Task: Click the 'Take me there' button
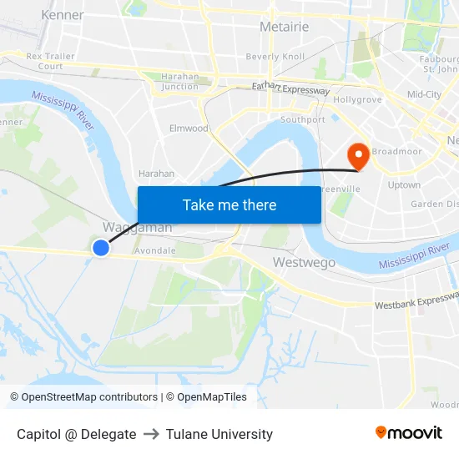click(229, 204)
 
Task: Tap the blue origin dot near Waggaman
click(101, 248)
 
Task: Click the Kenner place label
click(62, 15)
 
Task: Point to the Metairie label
click(284, 27)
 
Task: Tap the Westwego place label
click(304, 263)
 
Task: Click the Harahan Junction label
click(180, 81)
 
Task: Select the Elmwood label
click(189, 129)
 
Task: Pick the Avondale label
click(154, 250)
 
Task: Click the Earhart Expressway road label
click(291, 88)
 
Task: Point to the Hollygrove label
click(357, 99)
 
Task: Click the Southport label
click(302, 120)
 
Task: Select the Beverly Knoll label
click(275, 57)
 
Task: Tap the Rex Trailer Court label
click(50, 61)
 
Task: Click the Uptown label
click(404, 184)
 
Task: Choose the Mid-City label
click(424, 94)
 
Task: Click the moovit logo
click(408, 433)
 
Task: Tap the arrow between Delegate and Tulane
click(151, 434)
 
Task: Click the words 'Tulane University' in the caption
click(219, 434)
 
